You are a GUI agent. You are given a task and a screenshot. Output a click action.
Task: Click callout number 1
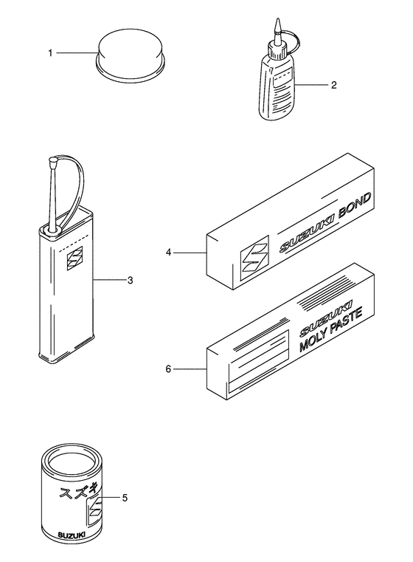[x=51, y=53]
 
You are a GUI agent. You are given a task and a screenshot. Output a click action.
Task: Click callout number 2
[x=333, y=85]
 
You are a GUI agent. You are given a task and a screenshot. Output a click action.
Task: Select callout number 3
[x=130, y=280]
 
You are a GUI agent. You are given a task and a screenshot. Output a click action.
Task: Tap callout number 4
[x=168, y=253]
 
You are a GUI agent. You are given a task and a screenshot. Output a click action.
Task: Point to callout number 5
[x=125, y=497]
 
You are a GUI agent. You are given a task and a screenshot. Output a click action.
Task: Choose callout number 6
[x=168, y=368]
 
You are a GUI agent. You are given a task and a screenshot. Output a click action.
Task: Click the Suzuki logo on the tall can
[x=74, y=259]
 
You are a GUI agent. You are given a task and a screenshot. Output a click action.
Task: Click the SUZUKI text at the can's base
[x=73, y=534]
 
